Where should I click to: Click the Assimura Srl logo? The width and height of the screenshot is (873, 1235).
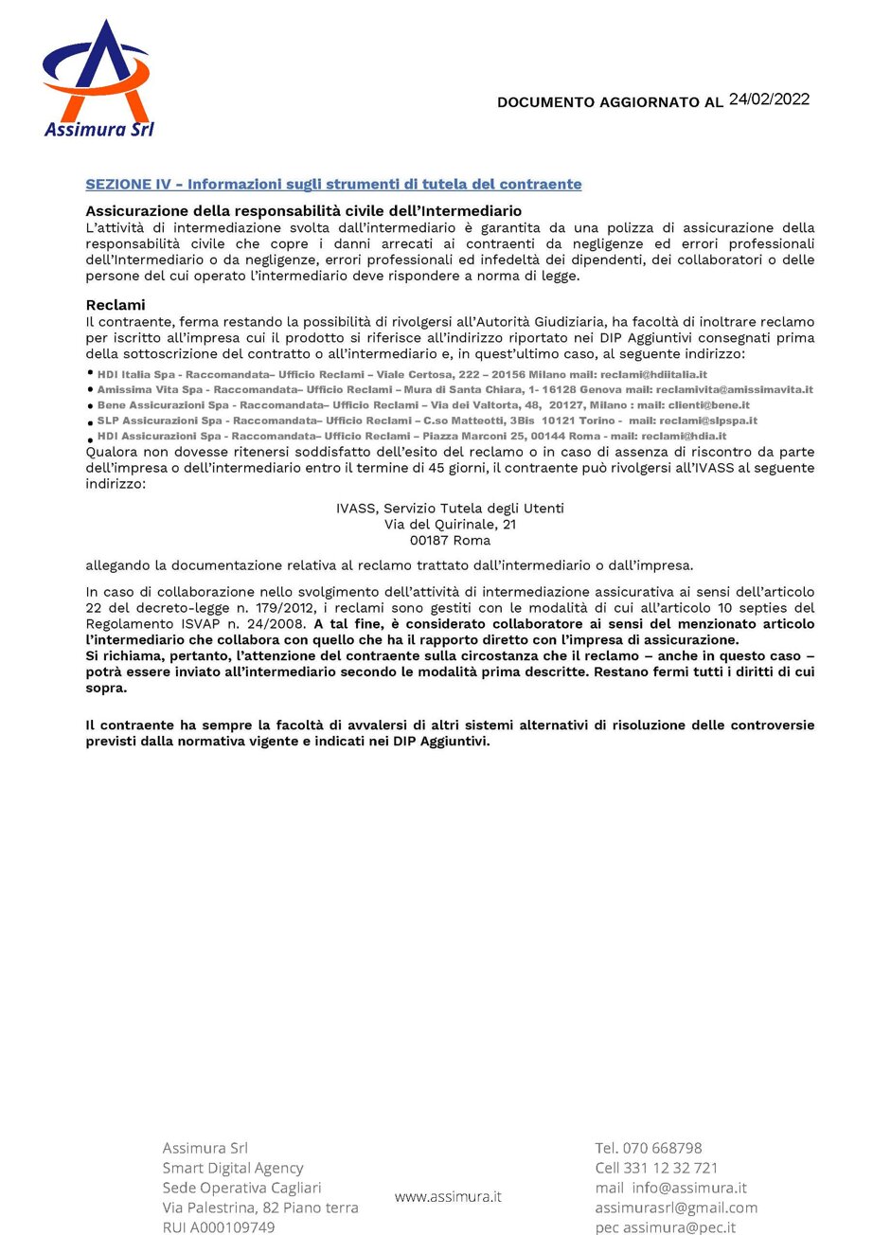(98, 79)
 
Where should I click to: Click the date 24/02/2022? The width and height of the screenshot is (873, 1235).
(769, 98)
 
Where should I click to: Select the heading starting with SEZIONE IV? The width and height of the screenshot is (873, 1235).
(333, 184)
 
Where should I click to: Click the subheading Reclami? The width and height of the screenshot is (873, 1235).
(116, 304)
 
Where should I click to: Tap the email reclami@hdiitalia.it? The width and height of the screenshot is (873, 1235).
(653, 374)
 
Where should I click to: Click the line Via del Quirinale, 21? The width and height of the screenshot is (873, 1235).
(450, 524)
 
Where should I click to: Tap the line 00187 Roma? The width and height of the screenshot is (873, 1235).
(450, 540)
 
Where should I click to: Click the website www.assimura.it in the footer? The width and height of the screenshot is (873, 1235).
(448, 1196)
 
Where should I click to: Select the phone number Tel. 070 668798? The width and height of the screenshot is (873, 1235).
(649, 1148)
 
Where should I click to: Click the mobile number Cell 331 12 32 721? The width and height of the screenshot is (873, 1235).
(656, 1168)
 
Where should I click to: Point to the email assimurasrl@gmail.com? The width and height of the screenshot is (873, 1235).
(676, 1208)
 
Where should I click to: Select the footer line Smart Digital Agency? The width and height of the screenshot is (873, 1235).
(233, 1168)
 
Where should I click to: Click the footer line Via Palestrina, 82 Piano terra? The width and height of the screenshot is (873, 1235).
(260, 1208)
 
